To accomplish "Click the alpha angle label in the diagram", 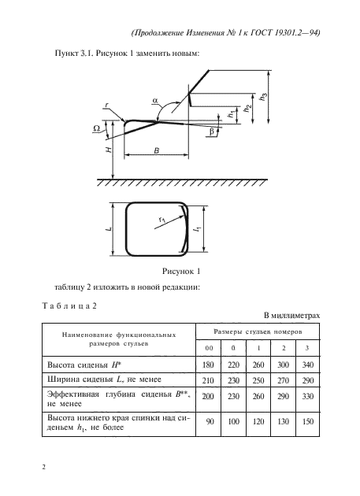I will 154,99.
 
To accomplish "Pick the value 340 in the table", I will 308,365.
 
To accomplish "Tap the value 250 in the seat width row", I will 258,380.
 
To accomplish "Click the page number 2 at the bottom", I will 43,468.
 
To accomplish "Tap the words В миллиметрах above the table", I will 295,313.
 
